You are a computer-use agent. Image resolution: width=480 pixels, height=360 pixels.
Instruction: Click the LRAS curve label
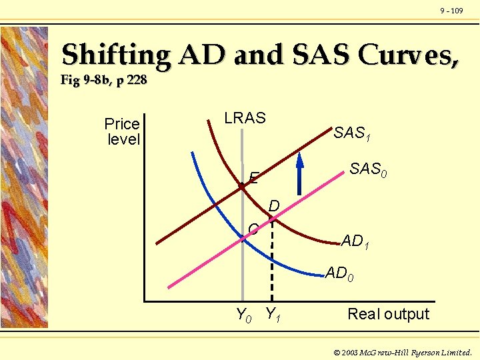pyautogui.click(x=245, y=119)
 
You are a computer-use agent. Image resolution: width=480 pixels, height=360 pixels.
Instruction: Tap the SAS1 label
pyautogui.click(x=352, y=134)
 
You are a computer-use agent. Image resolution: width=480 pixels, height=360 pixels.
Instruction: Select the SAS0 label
pyautogui.click(x=369, y=170)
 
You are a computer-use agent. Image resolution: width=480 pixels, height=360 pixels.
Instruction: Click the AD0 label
pyautogui.click(x=340, y=273)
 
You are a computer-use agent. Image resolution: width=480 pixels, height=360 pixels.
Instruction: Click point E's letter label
pyautogui.click(x=253, y=178)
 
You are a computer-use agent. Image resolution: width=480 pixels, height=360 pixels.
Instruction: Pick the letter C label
pyautogui.click(x=253, y=230)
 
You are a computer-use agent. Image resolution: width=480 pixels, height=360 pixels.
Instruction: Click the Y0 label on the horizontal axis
pyautogui.click(x=244, y=315)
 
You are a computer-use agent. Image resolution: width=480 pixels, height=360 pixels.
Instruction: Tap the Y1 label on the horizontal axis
pyautogui.click(x=273, y=313)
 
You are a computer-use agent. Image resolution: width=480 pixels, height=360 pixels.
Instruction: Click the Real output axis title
pyautogui.click(x=389, y=314)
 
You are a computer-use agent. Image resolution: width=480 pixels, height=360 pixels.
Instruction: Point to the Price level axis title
pyautogui.click(x=123, y=131)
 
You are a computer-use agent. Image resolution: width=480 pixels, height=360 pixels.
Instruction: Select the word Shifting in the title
pyautogui.click(x=115, y=55)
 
